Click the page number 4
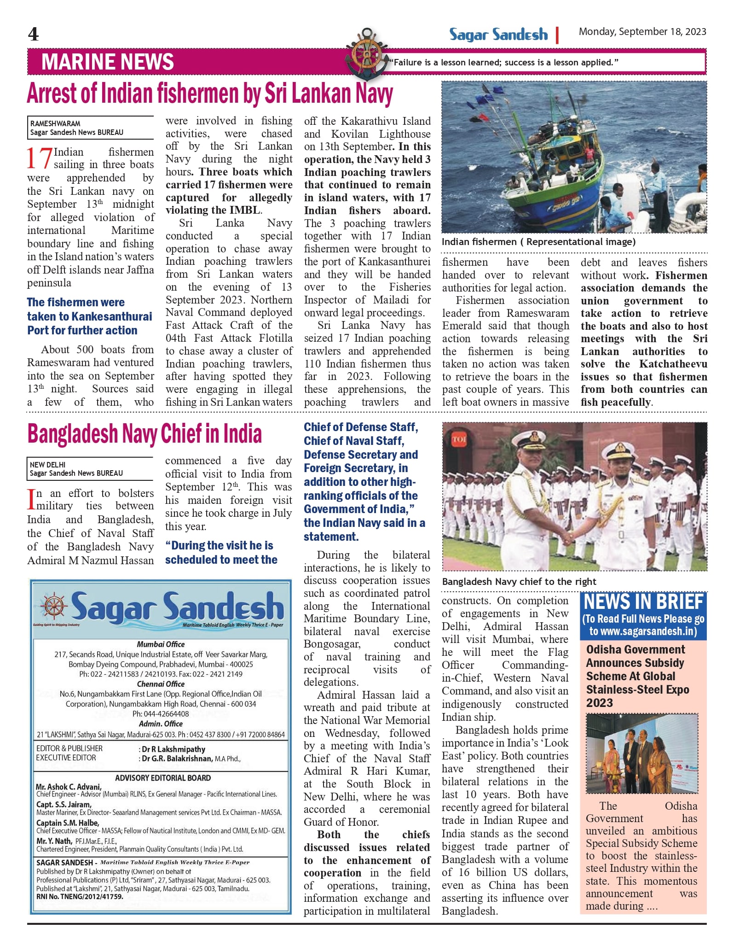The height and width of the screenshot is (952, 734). pyautogui.click(x=33, y=35)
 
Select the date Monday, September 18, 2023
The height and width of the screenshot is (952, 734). pyautogui.click(x=642, y=32)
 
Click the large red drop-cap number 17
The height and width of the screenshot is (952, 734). pyautogui.click(x=39, y=158)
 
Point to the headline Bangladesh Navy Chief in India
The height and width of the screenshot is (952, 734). pyautogui.click(x=144, y=434)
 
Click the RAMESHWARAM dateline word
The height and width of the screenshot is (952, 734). pyautogui.click(x=55, y=123)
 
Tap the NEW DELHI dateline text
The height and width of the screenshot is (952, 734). pyautogui.click(x=48, y=465)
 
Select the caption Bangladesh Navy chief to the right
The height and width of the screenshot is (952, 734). pyautogui.click(x=519, y=582)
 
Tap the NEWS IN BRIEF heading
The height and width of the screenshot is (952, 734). pyautogui.click(x=643, y=602)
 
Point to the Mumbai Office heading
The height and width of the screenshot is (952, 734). pyautogui.click(x=161, y=644)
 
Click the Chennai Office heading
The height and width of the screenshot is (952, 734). pyautogui.click(x=161, y=684)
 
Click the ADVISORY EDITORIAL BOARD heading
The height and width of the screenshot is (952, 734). pyautogui.click(x=163, y=778)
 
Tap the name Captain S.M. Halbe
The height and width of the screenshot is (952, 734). pyautogui.click(x=67, y=823)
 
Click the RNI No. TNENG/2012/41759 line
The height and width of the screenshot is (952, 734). pyautogui.click(x=80, y=897)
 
